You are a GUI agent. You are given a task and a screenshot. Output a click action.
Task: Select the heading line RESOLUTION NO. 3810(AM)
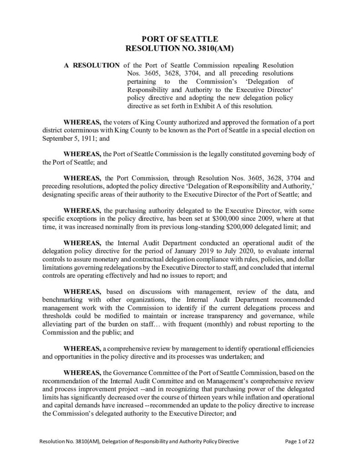180,48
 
